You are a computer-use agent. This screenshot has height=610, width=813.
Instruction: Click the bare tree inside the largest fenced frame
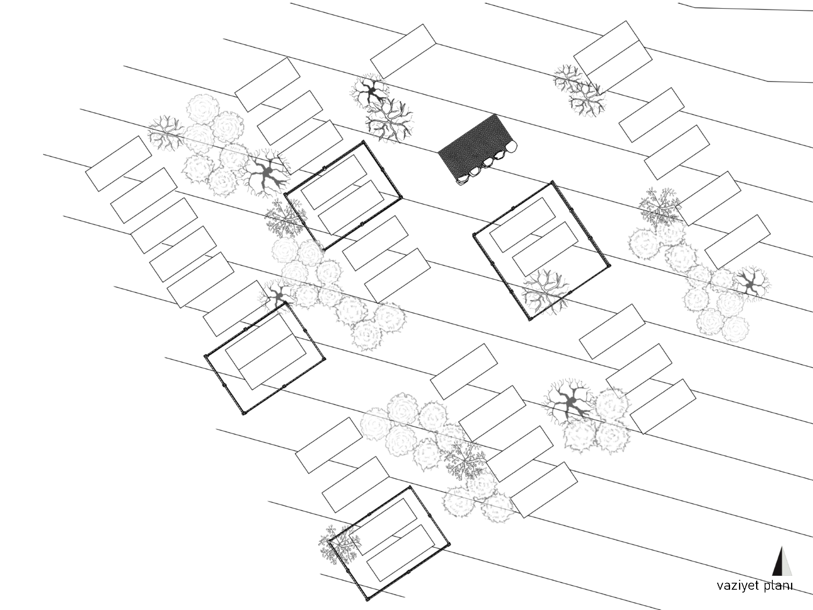[x=545, y=291]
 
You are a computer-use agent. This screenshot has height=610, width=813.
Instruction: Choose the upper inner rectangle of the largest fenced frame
[x=522, y=224]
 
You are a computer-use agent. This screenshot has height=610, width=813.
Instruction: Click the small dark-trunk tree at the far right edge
[x=750, y=283]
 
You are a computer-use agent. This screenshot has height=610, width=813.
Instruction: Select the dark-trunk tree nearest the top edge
[x=370, y=92]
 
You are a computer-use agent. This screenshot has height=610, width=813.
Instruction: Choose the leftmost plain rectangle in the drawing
[x=118, y=163]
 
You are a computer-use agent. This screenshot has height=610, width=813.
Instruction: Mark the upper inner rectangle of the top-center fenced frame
[x=333, y=182]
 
